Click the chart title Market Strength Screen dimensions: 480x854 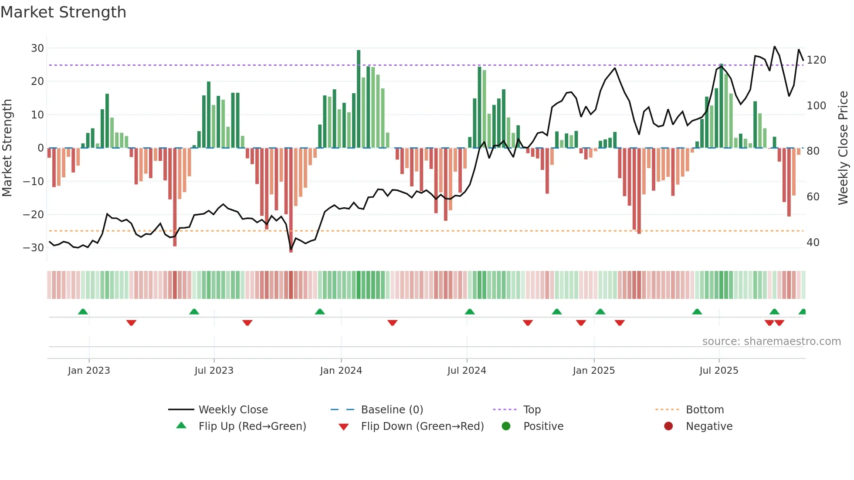64,12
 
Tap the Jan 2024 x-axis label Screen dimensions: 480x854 341,371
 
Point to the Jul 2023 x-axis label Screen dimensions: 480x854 214,371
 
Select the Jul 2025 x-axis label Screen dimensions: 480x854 719,371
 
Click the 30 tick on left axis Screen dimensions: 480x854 37,48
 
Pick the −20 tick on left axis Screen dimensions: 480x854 34,215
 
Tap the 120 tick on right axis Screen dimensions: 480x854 816,60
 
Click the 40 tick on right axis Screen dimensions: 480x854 813,243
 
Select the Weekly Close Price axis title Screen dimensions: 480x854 844,148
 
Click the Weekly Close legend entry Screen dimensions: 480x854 233,410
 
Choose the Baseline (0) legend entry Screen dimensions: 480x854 392,410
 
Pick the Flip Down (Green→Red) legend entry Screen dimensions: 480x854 422,426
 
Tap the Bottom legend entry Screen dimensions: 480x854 705,410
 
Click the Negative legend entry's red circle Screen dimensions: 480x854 668,426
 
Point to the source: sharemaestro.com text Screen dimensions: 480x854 771,341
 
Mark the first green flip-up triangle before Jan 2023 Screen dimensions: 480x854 83,312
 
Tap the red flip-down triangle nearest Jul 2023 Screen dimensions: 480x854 247,323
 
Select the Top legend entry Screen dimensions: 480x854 532,410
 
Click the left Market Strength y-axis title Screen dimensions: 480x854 7,148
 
